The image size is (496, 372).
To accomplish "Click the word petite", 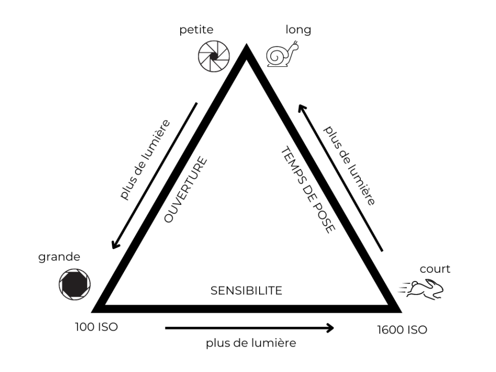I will click(196, 30).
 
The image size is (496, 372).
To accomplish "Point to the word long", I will click(298, 30).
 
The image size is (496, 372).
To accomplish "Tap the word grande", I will click(59, 257).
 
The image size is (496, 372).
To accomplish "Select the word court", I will click(435, 269).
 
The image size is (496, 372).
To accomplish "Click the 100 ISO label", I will click(96, 326).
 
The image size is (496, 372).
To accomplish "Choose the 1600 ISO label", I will click(402, 330).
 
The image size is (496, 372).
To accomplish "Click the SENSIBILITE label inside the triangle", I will click(246, 291).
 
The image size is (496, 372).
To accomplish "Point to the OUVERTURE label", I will click(186, 190).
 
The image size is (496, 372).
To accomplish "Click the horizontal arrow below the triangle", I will click(250, 328).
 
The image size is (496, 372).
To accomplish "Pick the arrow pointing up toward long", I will click(340, 177).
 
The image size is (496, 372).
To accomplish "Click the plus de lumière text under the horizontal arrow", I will click(251, 343).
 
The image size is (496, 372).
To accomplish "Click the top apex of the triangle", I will click(246, 49).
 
